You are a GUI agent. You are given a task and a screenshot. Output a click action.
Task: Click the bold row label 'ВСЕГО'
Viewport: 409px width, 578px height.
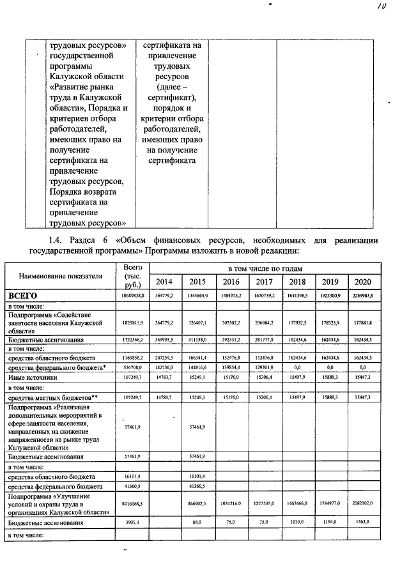click(24, 296)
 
